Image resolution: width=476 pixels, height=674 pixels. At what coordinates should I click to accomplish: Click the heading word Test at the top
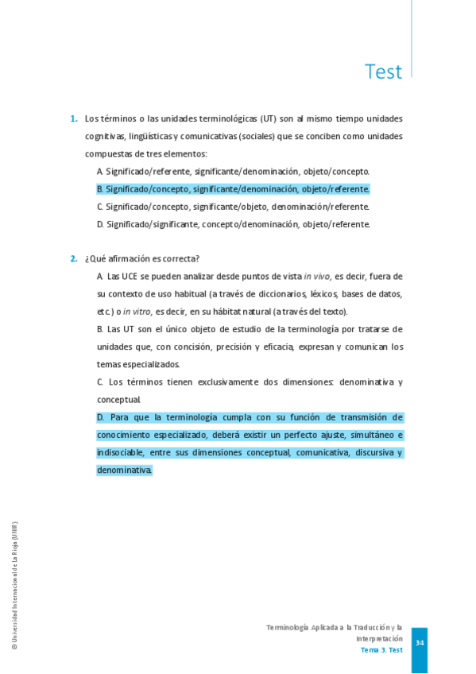click(x=383, y=72)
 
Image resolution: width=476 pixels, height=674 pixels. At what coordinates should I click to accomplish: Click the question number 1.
click(x=73, y=119)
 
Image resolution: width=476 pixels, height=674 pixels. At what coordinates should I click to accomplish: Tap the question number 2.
click(x=73, y=259)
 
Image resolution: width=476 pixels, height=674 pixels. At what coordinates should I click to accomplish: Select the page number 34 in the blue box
click(x=420, y=642)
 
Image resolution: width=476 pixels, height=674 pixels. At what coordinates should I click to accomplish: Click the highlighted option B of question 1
click(x=233, y=189)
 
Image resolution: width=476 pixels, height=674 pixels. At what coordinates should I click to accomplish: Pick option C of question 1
click(x=233, y=207)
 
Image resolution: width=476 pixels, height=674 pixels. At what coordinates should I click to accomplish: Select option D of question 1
click(x=233, y=224)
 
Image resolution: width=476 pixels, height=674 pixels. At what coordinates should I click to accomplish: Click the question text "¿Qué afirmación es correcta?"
click(x=142, y=259)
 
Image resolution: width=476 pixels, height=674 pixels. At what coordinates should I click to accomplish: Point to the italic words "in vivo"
click(x=316, y=277)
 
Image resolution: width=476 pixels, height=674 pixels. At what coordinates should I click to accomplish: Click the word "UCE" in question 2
click(x=130, y=277)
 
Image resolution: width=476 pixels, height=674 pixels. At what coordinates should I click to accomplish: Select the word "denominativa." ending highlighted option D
click(x=124, y=470)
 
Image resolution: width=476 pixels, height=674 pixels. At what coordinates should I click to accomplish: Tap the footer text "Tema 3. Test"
click(x=381, y=649)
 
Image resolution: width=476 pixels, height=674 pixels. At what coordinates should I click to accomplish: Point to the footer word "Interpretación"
click(x=379, y=638)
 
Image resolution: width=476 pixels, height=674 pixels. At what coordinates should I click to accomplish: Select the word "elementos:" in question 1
click(x=186, y=154)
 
